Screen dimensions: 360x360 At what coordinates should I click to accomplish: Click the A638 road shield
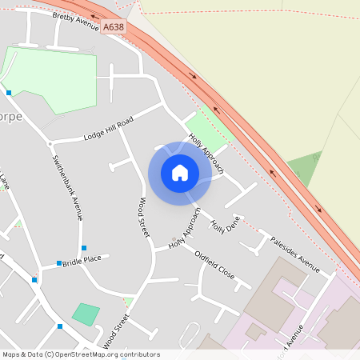(x=114, y=27)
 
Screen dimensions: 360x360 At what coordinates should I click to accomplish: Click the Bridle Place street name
(x=82, y=260)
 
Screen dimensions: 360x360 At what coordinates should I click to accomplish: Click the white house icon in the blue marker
(x=180, y=173)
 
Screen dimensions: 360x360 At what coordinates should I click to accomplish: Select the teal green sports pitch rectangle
(x=86, y=314)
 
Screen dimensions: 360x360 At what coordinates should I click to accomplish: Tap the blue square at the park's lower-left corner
(x=9, y=93)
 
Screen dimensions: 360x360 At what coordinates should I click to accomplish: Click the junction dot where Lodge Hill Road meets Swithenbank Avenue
(x=50, y=143)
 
